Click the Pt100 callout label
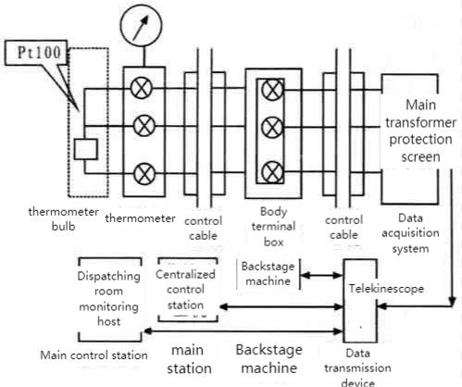click(39, 52)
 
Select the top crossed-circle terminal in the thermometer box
click(142, 88)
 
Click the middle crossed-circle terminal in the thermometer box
click(144, 126)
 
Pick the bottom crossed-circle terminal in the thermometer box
click(144, 174)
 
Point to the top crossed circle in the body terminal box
click(272, 90)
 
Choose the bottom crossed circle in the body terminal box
click(272, 172)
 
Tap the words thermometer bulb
click(63, 219)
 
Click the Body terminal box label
click(273, 227)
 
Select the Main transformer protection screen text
click(420, 131)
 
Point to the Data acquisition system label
click(410, 233)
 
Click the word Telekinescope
click(386, 289)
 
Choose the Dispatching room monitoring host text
click(108, 298)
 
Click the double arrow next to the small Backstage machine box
click(321, 275)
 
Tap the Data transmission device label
click(358, 368)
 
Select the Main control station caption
click(94, 356)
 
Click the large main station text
click(189, 359)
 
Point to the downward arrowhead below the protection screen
click(452, 301)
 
